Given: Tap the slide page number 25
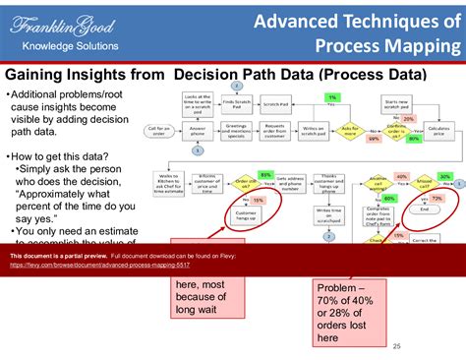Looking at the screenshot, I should [x=397, y=346].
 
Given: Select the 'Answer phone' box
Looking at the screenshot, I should [x=198, y=129].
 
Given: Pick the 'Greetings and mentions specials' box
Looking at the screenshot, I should [x=237, y=129].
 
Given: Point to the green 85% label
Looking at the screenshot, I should [x=264, y=174].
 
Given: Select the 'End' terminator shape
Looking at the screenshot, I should [x=424, y=210].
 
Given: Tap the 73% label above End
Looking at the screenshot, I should [x=437, y=198].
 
